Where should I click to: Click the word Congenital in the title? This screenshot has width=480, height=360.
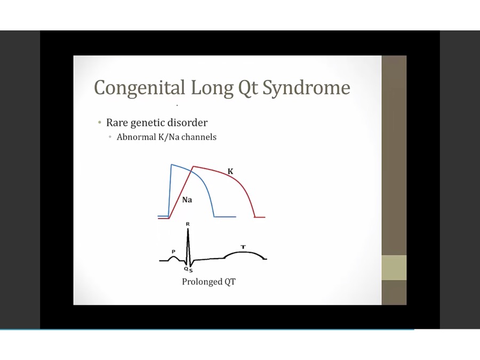coord(140,89)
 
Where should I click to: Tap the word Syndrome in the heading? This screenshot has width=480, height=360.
coord(307,89)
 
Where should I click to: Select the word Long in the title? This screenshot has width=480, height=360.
coord(212,89)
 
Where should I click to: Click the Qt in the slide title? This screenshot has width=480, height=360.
coord(248,88)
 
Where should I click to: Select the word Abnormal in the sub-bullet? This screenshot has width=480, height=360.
coord(136,137)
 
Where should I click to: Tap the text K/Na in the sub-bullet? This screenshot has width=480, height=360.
coord(169,137)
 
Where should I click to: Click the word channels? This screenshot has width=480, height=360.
coord(199,137)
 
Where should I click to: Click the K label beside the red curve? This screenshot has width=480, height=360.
coord(230,171)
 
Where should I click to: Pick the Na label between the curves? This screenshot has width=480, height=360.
coord(187,200)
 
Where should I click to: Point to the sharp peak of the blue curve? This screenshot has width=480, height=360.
coord(171,165)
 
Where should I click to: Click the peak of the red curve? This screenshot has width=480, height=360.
coord(193,166)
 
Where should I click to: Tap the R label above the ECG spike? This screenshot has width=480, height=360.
coord(188,224)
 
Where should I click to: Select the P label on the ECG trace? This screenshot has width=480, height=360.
coord(173,252)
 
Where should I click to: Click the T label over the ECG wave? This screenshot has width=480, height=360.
coord(243,247)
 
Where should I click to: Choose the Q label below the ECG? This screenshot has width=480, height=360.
coord(186,269)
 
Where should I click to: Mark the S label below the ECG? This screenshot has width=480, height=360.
coord(191,270)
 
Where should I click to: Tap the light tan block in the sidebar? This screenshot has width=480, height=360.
coord(394,267)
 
